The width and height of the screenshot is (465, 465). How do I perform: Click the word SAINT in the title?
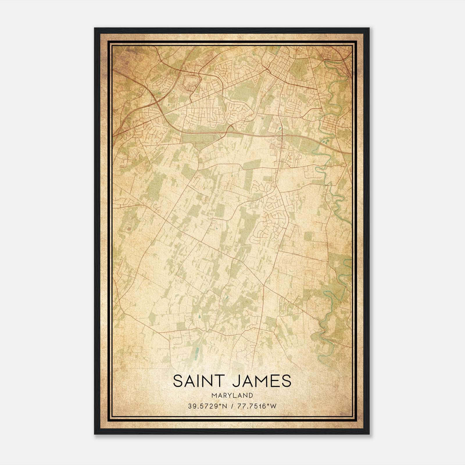(198, 381)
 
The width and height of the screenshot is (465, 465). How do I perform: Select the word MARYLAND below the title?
(232, 396)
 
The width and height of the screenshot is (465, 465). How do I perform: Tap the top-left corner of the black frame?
(95, 29)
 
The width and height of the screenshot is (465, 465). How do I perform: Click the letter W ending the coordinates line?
(273, 406)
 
